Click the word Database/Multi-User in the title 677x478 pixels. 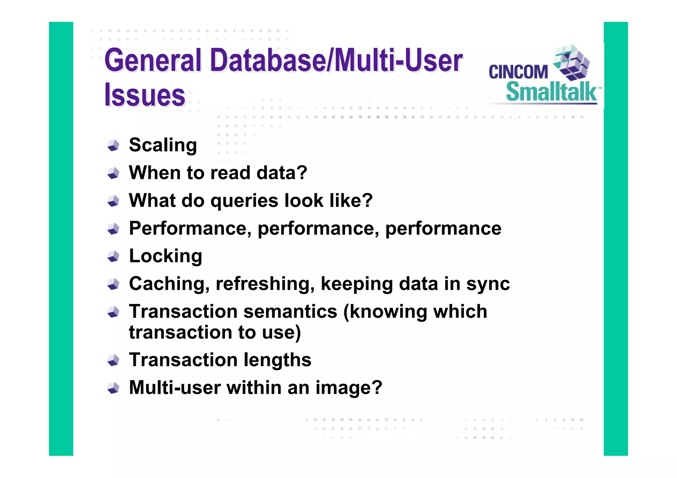coord(336,60)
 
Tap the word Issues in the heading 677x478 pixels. coord(145,95)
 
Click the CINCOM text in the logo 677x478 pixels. coord(518,72)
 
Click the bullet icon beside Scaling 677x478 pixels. coord(113,145)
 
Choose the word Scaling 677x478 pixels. coord(163,145)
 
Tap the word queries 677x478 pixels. coord(244,201)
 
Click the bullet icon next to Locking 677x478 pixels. coord(113,256)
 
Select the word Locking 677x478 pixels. coord(165,256)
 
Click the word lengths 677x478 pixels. coord(277,360)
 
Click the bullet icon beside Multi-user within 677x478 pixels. coord(113,388)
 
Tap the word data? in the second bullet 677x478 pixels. coord(282,173)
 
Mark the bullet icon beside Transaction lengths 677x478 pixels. coord(113,360)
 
